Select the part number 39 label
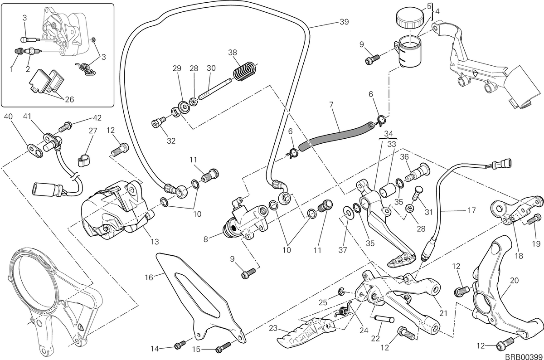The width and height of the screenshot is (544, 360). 344,22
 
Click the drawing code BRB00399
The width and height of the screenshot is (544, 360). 524,357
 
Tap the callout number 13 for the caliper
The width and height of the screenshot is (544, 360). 155,242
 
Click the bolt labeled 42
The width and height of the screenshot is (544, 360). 65,127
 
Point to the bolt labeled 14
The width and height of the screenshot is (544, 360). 180,345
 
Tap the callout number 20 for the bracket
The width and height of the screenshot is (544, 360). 515,281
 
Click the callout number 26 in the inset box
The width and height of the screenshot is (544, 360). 69,100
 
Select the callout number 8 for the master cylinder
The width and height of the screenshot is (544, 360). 205,239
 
